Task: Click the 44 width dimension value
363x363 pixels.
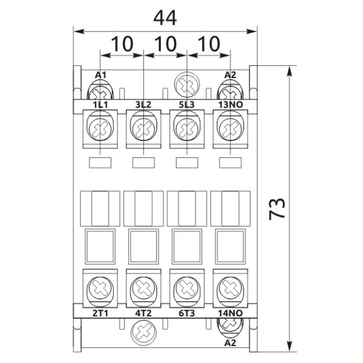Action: coord(165,18)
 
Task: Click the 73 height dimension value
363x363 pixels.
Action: coord(277,209)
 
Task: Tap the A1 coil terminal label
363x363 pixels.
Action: coord(101,75)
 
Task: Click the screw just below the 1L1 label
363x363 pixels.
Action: coord(100,128)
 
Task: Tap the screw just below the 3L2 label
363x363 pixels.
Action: coord(143,128)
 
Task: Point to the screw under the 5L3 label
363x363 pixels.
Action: coord(186,128)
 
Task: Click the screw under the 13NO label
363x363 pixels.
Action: coord(230,128)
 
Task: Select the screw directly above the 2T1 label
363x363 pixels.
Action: coord(100,286)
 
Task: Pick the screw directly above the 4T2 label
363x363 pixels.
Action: coord(143,286)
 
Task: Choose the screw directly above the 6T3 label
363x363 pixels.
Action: coord(186,286)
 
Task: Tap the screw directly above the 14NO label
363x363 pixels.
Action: coord(230,286)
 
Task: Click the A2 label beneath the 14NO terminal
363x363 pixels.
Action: coord(231,342)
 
